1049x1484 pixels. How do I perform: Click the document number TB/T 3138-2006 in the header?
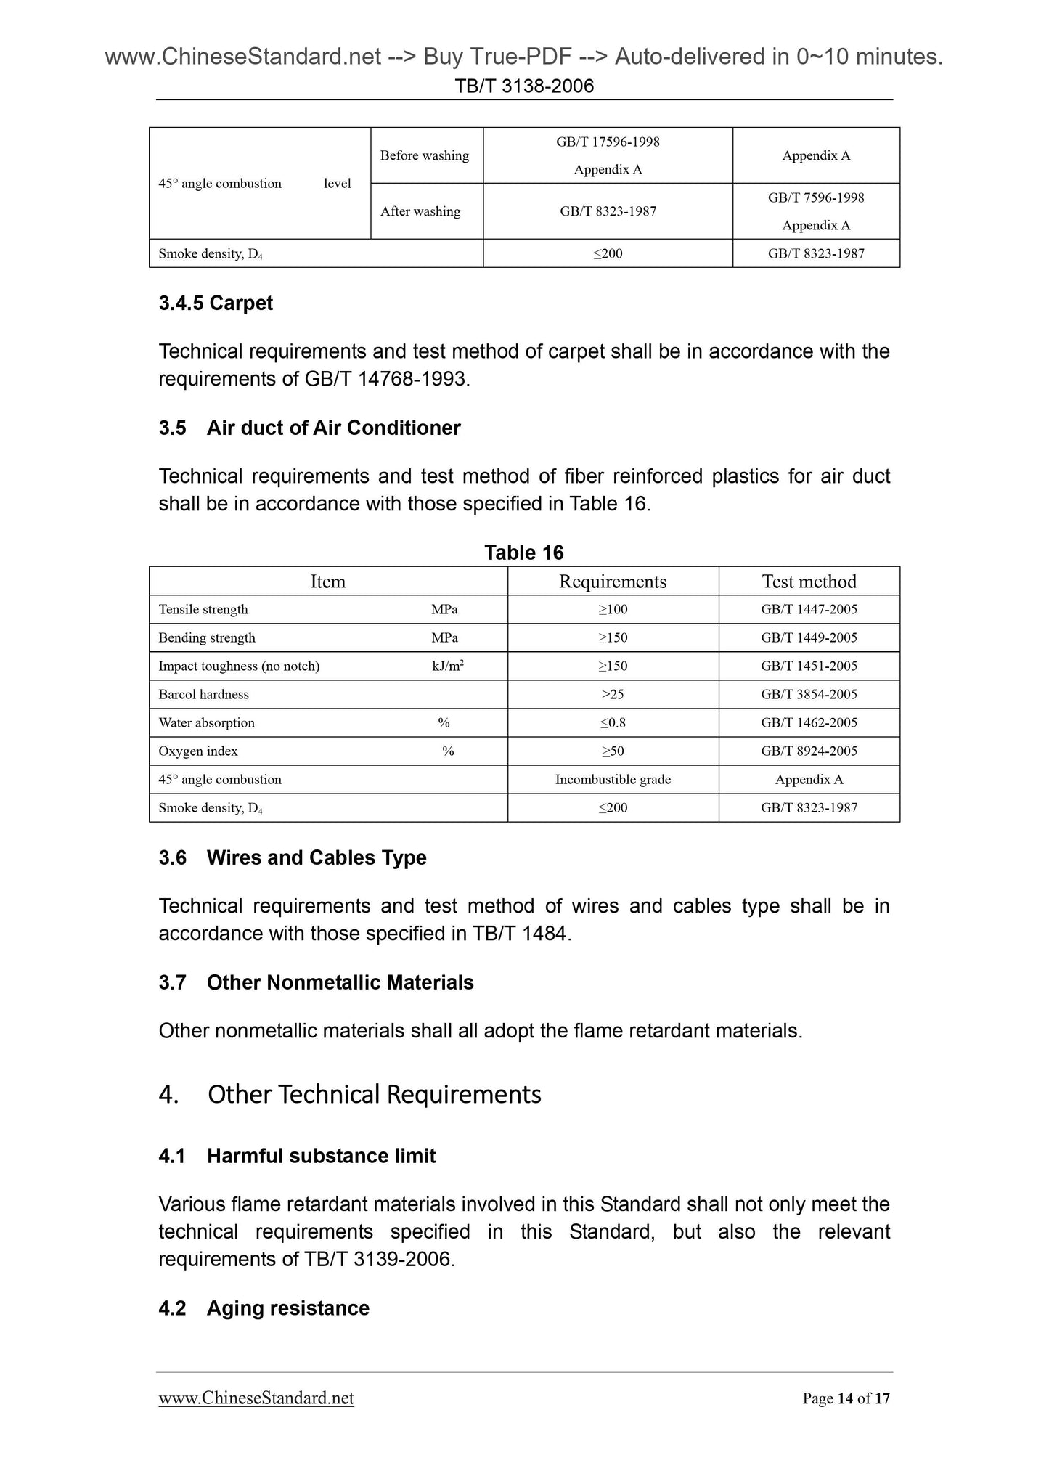(x=524, y=86)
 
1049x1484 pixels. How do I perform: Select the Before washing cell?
(x=425, y=155)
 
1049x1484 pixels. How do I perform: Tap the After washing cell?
(x=420, y=211)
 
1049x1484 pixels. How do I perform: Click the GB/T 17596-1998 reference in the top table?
(x=608, y=142)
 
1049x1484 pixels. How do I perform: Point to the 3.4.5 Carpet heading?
(x=216, y=303)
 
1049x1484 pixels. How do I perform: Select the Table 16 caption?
(x=524, y=553)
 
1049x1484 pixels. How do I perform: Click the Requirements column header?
(x=613, y=582)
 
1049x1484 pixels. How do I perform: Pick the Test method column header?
(x=809, y=582)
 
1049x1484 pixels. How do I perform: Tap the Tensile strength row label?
(x=203, y=610)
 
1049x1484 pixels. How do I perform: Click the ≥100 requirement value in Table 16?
(x=613, y=610)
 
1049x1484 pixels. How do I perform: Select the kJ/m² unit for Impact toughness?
(x=448, y=666)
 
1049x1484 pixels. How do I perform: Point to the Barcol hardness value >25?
(x=613, y=694)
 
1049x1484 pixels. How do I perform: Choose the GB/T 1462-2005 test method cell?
(x=809, y=722)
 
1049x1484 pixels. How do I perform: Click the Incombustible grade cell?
(x=613, y=779)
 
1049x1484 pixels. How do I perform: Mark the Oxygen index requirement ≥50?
(x=613, y=751)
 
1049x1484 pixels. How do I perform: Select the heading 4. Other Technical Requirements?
(x=350, y=1094)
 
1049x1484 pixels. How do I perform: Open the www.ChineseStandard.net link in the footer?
(x=256, y=1398)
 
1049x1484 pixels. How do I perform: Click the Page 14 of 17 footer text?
(x=846, y=1398)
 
